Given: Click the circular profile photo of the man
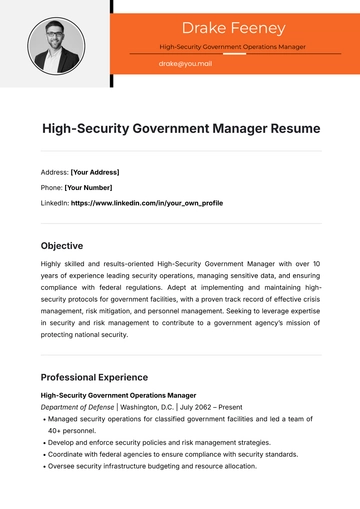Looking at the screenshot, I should [x=55, y=45].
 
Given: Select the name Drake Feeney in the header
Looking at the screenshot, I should [x=234, y=27].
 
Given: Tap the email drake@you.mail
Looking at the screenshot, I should [x=185, y=63].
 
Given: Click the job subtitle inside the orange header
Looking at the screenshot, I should [x=234, y=47].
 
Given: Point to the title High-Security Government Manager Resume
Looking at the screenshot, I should [x=181, y=128].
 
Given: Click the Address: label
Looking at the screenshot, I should [x=54, y=171].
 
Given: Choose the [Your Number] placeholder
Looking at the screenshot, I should [x=89, y=187].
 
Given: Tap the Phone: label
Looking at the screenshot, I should [x=51, y=187].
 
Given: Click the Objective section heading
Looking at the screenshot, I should [x=62, y=245].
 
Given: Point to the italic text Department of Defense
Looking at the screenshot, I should [x=77, y=407].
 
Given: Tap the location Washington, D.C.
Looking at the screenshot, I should [x=147, y=407].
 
